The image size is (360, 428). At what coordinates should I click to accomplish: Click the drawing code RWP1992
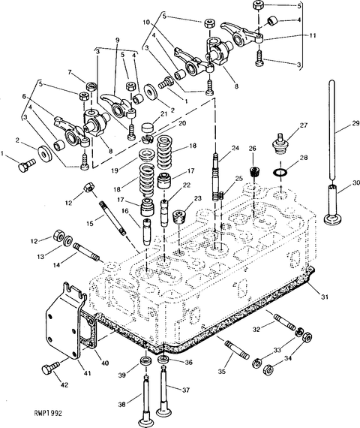pos(48,413)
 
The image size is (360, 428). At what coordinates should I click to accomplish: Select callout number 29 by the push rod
pos(355,123)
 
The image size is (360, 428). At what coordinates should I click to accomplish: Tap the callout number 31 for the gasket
pos(324,297)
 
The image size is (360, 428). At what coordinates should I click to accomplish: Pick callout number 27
pos(303,125)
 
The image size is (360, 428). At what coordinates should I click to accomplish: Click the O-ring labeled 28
pos(280,173)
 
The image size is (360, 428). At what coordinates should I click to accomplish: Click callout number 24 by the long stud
pos(235,149)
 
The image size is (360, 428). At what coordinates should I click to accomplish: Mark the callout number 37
pos(186,390)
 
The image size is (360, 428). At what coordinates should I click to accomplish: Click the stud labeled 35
pos(237,348)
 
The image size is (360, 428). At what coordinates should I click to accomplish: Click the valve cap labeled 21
pos(147,128)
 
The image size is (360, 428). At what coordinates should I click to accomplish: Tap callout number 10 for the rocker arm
pos(146,22)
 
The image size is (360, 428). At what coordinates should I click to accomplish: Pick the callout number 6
pos(24,97)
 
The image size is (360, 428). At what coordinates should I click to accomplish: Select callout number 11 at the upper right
pos(313,35)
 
